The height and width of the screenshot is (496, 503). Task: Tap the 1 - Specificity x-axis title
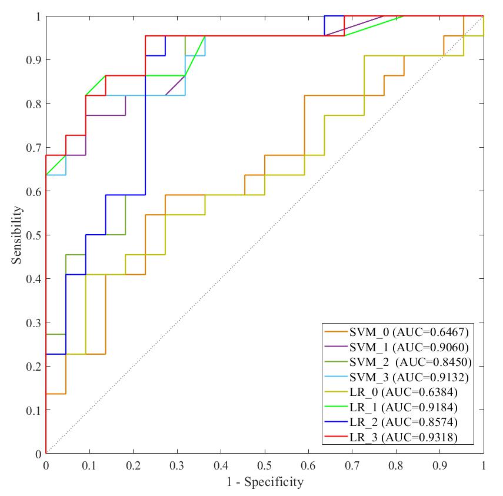click(x=265, y=482)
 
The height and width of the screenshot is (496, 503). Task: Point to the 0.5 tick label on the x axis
click(x=265, y=465)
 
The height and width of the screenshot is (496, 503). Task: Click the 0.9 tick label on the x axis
click(x=439, y=465)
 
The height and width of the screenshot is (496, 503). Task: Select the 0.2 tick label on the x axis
click(x=133, y=465)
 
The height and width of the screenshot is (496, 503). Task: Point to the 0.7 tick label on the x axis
click(x=352, y=465)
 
